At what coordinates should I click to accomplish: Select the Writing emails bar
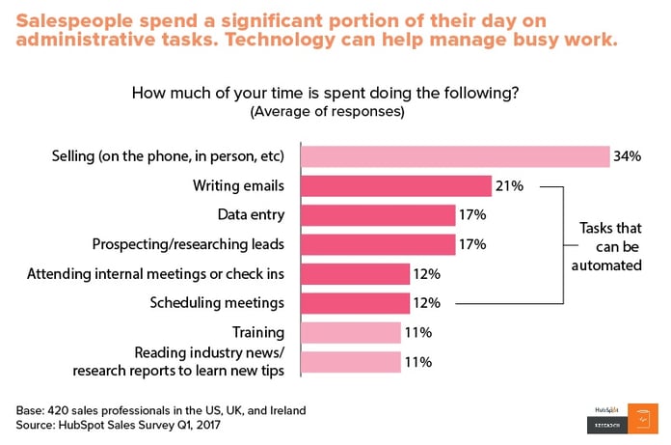(x=396, y=185)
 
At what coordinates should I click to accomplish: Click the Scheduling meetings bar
(x=356, y=303)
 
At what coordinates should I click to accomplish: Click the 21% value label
(x=510, y=185)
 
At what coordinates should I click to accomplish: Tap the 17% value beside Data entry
(x=472, y=215)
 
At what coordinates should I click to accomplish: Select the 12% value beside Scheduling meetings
(x=427, y=303)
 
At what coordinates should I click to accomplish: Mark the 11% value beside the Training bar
(x=416, y=332)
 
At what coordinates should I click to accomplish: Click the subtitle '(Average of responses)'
(x=327, y=111)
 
